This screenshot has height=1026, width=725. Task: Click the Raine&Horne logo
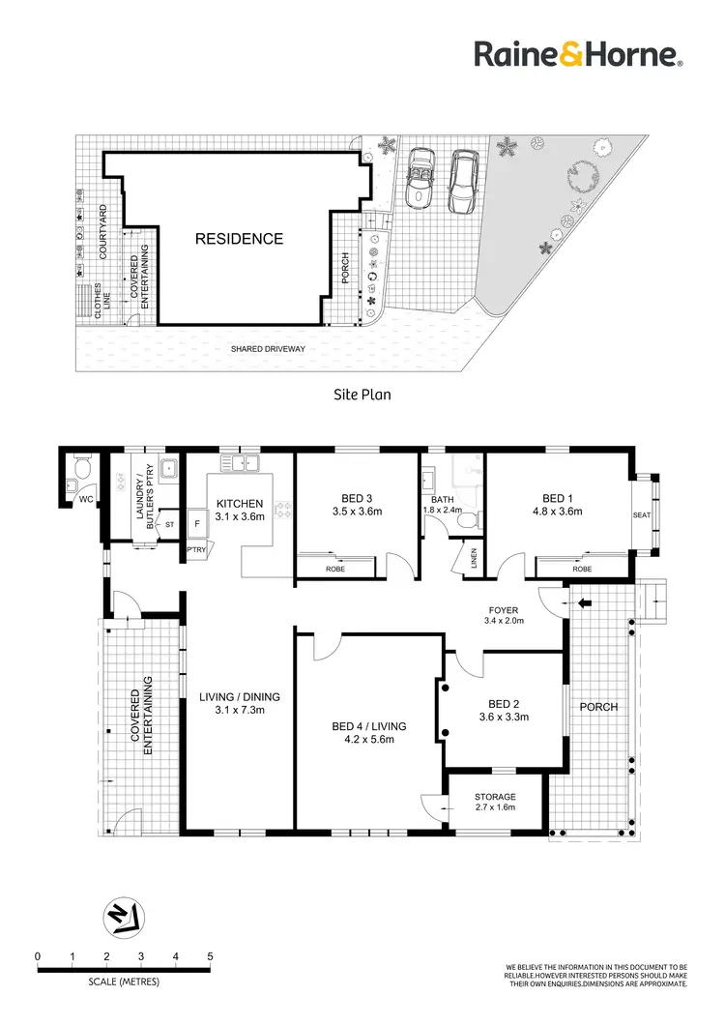point(578,54)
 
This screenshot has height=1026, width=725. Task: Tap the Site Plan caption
point(361,395)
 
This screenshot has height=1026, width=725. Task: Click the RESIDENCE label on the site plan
point(240,239)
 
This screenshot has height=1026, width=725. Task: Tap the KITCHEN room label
point(240,504)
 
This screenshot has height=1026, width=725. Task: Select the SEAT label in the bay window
point(642,514)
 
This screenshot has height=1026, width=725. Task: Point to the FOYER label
point(503,610)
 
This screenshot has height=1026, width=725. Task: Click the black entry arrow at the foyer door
point(585,604)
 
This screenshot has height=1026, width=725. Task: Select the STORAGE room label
point(495,797)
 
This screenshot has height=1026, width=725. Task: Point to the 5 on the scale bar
point(210,956)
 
